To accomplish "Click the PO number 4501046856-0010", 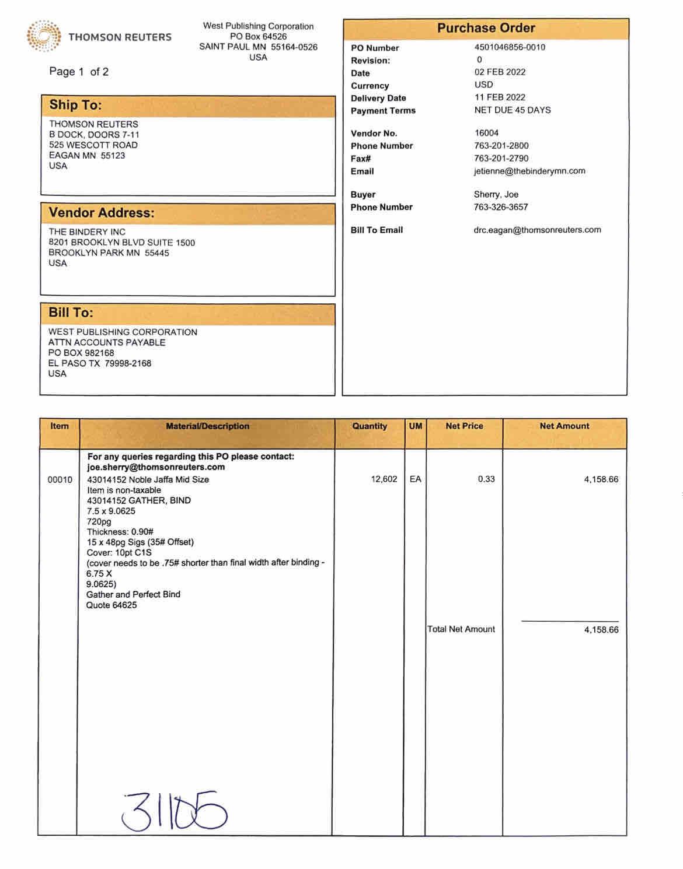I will (510, 47).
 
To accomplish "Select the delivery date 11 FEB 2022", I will (500, 97).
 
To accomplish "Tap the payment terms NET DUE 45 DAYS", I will (513, 110).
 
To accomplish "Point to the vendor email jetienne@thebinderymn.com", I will (529, 171).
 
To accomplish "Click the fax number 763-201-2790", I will (501, 158).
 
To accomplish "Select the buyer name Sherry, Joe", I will (496, 194).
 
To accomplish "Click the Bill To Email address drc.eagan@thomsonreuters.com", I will (537, 230).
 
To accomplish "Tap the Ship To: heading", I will (75, 105).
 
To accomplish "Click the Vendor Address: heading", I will (102, 213).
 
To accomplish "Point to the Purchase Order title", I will (486, 28).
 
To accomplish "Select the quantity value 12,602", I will (384, 479).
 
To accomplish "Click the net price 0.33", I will (486, 479).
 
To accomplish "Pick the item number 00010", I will (60, 480).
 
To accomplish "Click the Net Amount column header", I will (564, 426).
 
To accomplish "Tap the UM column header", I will (415, 426).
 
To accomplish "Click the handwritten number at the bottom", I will (174, 811).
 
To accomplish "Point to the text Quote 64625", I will (111, 605).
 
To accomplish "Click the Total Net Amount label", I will (461, 629).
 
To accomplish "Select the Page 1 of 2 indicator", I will (79, 72).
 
